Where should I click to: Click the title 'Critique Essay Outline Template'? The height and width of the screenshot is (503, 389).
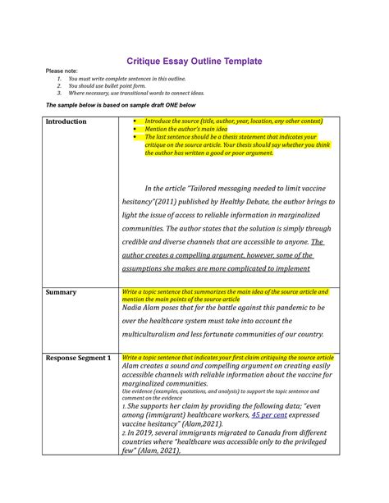point(194,62)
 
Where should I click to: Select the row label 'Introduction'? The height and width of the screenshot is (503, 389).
point(66,121)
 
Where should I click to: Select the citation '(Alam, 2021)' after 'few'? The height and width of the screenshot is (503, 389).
point(162,450)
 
